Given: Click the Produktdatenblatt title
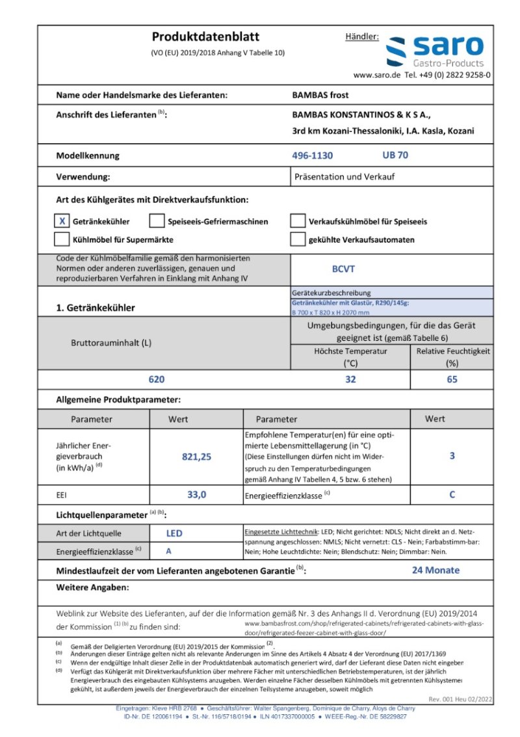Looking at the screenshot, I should point(205,37).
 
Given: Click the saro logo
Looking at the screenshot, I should point(435,51).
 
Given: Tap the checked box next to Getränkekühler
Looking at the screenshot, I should point(62,221).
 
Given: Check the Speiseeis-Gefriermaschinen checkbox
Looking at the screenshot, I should point(157,221).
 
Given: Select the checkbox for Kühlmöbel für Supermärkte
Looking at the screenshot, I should point(62,239).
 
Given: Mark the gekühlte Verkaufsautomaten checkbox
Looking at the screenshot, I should point(298,239).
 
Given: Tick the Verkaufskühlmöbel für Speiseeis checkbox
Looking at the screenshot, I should point(298,221).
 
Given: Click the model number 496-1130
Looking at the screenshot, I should point(313,155).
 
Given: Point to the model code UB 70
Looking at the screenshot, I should point(395,155).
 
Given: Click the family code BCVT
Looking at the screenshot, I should point(343,269).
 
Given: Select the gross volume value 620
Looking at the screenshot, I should point(157,379).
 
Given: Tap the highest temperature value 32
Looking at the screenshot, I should point(350,379).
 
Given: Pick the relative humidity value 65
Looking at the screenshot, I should point(452,379).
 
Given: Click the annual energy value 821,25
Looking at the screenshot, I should point(196,457).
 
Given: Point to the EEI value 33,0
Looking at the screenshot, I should point(196,495).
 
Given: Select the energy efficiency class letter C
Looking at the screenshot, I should point(452,495).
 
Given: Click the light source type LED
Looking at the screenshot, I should point(174,533).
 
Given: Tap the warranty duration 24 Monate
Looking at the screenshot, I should point(435,570).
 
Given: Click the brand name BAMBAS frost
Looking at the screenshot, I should point(320,95).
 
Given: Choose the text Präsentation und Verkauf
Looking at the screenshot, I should point(344,176).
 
